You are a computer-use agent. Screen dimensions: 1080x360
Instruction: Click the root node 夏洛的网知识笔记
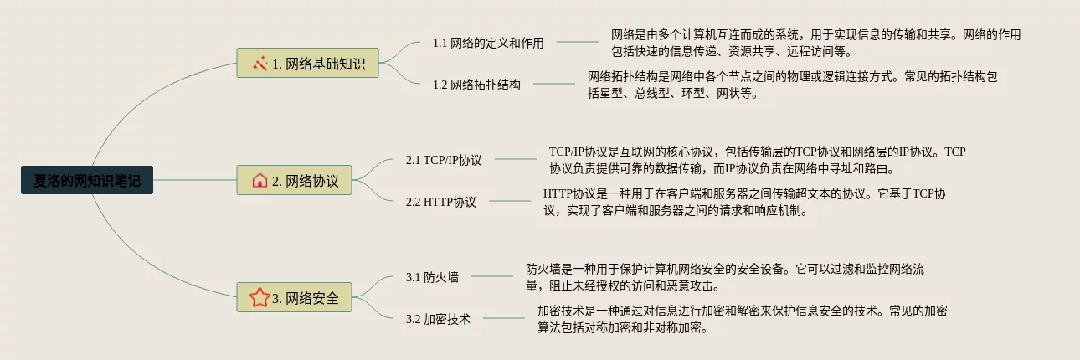[x=87, y=180]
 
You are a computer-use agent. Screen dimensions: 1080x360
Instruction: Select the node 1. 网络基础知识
[x=308, y=63]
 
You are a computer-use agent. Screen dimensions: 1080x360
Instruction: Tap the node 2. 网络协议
[x=296, y=180]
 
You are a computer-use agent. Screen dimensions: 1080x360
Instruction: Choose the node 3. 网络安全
[x=296, y=297]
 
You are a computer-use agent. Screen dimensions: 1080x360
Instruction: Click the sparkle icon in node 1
[x=260, y=63]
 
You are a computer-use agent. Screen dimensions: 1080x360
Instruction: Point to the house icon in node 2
[x=260, y=180]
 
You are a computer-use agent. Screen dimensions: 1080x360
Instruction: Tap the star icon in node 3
[x=260, y=297]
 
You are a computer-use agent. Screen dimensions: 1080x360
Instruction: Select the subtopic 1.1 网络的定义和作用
[x=488, y=42]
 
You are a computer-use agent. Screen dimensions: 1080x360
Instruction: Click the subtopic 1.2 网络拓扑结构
[x=476, y=84]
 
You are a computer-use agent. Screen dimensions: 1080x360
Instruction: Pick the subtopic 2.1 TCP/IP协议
[x=444, y=159]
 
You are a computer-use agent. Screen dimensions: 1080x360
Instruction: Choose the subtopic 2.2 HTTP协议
[x=440, y=201]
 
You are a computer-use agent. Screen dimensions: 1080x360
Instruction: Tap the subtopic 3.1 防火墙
[x=432, y=276]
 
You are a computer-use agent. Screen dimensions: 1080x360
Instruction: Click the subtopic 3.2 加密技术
[x=438, y=318]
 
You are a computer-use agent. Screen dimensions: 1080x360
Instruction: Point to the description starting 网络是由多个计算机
[x=815, y=43]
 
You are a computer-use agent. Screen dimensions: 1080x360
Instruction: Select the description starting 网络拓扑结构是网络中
[x=793, y=85]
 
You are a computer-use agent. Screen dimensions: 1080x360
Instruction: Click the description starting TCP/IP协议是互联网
[x=757, y=160]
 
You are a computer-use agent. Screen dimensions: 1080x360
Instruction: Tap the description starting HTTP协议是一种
[x=744, y=202]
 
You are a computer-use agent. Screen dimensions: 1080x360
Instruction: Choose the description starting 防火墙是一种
[x=724, y=277]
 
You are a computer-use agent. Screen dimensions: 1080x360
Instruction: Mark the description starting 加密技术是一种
[x=742, y=319]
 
